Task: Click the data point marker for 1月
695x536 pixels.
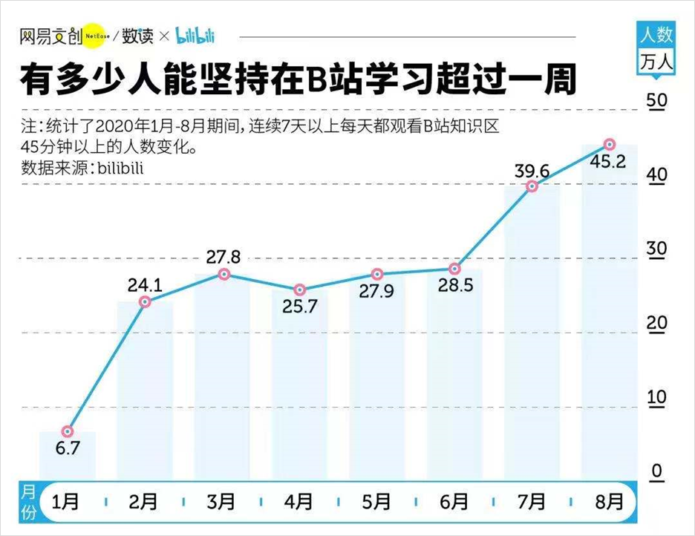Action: coord(68,431)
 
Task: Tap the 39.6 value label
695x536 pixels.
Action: coord(532,171)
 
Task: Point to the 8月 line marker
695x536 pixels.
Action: coord(609,144)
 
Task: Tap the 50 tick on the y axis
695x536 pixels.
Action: coord(656,102)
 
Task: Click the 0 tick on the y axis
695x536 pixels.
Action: coord(656,471)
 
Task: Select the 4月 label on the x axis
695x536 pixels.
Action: coord(298,502)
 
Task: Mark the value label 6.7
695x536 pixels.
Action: coord(67,448)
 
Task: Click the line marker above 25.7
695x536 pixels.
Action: coord(299,290)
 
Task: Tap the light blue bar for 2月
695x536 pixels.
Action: coord(145,386)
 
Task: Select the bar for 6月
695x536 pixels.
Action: coord(454,371)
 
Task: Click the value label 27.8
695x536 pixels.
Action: coord(223,258)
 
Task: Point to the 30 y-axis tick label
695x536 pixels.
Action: coord(656,249)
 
